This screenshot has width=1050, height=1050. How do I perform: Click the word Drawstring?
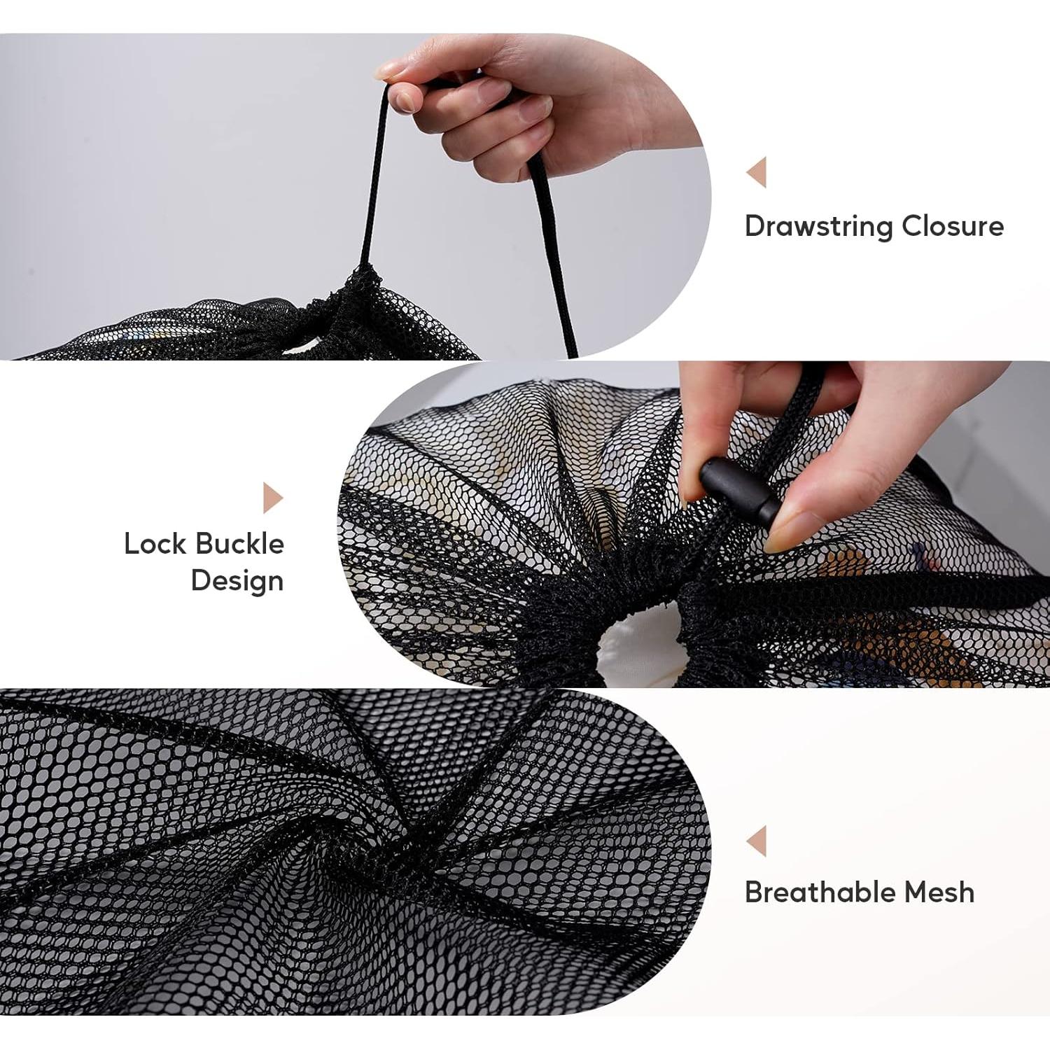coord(818,226)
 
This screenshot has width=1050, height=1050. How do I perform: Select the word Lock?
coord(154,544)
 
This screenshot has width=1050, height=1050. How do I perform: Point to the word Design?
coord(237,581)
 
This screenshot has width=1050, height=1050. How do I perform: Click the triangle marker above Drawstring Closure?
coord(757,172)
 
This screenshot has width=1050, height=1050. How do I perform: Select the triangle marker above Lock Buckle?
coord(272,498)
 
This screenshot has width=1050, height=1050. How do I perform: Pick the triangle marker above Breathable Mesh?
coord(757,841)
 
